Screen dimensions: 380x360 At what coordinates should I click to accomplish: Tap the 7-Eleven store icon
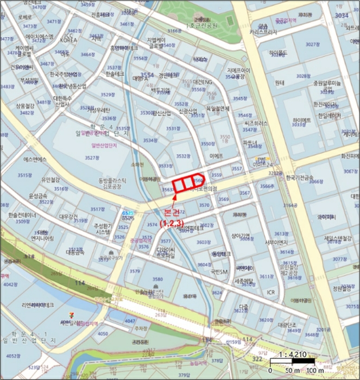(66, 315)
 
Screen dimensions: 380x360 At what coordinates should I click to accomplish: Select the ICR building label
(271, 292)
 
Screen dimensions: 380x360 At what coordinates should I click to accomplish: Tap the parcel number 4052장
(15, 356)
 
